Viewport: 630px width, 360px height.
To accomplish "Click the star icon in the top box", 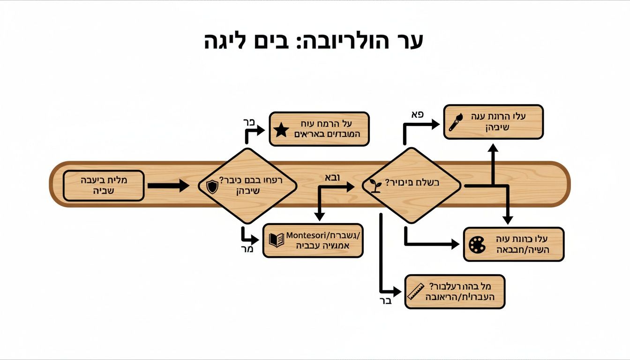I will [x=281, y=130].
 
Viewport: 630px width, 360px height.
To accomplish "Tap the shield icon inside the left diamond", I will [x=212, y=187].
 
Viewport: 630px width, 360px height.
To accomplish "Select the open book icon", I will [x=276, y=240].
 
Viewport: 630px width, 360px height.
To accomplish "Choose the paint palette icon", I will [x=477, y=245].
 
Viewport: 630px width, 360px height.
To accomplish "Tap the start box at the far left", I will [x=104, y=186].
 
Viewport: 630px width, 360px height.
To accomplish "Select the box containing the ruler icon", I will [x=455, y=292].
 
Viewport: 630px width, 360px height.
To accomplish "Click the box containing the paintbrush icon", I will [x=493, y=122].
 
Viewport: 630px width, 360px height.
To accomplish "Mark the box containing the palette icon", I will [x=513, y=244].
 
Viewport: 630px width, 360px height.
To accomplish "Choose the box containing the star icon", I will [x=319, y=129].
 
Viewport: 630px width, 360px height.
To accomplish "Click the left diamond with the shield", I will [x=247, y=186].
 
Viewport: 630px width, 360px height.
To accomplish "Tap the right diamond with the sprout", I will [x=411, y=186].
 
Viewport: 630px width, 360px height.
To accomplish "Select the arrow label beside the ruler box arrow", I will [x=385, y=300].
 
